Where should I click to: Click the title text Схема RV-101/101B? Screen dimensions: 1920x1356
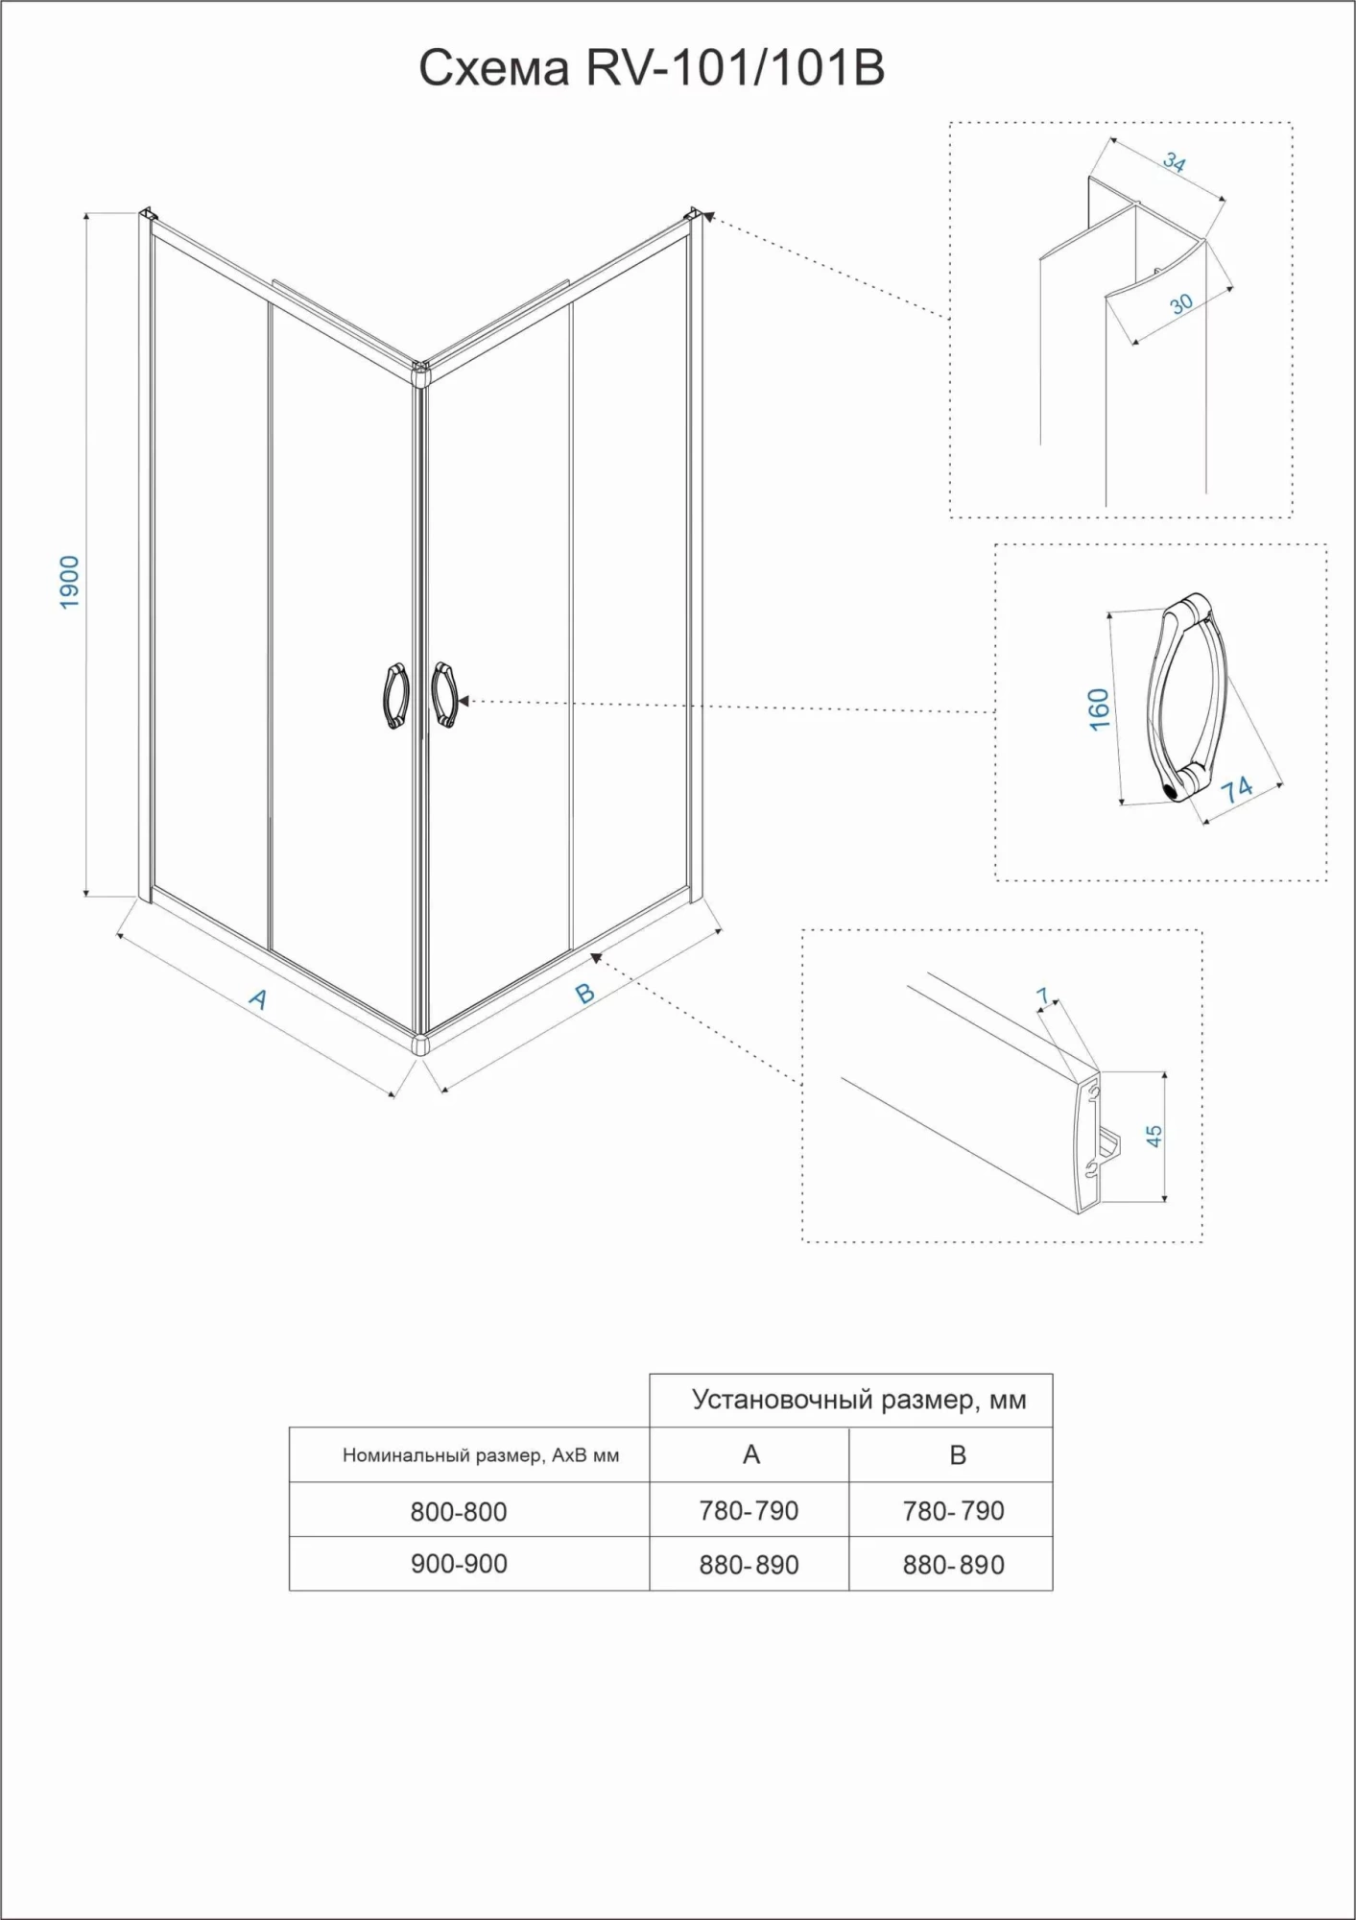[652, 68]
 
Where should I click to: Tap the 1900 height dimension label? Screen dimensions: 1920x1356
[70, 582]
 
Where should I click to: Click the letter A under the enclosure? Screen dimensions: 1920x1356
[258, 999]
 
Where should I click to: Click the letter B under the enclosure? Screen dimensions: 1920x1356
[584, 993]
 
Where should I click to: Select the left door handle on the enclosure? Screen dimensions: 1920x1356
[396, 696]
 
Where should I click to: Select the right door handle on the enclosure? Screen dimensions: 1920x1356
[444, 694]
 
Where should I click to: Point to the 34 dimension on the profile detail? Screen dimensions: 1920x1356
[1175, 162]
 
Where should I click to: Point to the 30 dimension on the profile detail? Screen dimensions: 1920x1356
[1181, 303]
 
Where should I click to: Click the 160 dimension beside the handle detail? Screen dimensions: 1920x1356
[1100, 708]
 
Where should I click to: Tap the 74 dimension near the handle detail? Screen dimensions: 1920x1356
[1236, 789]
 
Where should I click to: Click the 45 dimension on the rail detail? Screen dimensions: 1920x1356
[1154, 1136]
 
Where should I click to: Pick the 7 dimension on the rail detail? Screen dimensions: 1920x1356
[1044, 996]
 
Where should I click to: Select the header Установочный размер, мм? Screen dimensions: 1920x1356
[859, 1400]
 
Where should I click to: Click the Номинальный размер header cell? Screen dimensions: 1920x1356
[481, 1455]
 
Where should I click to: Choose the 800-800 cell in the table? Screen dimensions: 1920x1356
[459, 1512]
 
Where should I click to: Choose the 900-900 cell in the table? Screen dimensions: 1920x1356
[459, 1564]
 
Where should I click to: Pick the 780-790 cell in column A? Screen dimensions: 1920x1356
[749, 1511]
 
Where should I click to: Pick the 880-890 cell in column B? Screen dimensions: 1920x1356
[953, 1565]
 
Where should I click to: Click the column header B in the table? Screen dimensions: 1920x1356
[957, 1455]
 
